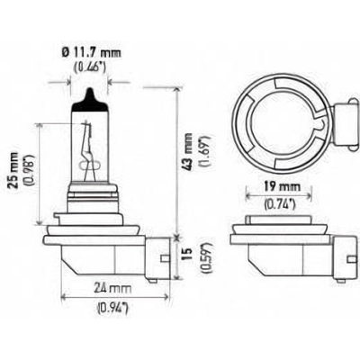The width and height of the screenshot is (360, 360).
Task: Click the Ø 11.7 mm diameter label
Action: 91,53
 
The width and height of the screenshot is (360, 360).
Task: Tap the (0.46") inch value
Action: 90,67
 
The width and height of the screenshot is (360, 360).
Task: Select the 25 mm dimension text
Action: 13,170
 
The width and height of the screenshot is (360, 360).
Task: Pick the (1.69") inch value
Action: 206,151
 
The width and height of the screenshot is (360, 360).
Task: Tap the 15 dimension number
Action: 188,255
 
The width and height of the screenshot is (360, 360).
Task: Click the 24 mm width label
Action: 112,288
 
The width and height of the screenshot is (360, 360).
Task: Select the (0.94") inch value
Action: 112,308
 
